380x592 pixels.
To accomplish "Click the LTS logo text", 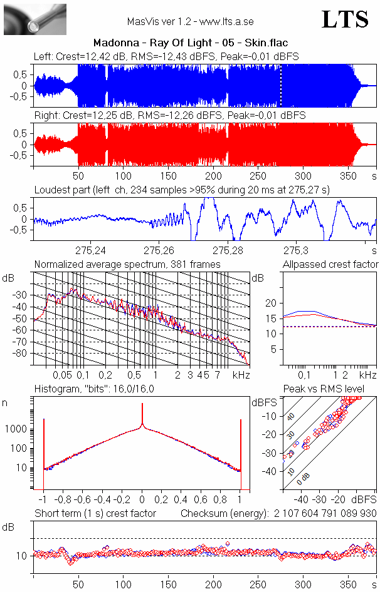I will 345,19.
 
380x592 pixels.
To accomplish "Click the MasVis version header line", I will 190,21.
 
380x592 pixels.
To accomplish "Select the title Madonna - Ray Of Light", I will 189,43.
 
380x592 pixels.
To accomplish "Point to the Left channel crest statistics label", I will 166,56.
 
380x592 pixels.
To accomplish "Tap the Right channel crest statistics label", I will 169,116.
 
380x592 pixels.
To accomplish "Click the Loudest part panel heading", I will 182,190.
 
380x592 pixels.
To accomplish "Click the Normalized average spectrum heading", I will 127,265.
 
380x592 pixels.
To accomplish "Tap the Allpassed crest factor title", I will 330,265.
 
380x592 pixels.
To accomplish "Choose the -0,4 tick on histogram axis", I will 103,500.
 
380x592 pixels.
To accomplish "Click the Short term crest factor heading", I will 95,513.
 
